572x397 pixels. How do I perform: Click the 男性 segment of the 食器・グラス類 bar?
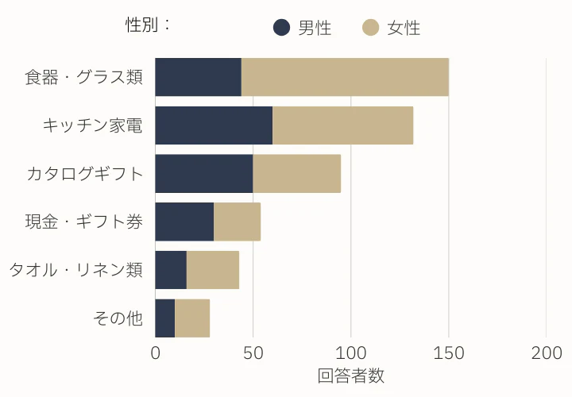coord(198,77)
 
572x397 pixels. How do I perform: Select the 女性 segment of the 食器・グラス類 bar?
coord(345,77)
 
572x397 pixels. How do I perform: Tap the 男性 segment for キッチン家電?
coord(214,125)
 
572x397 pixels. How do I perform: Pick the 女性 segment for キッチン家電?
coord(342,125)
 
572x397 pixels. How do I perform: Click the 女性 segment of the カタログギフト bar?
coord(296,174)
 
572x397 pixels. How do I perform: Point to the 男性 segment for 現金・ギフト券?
coord(184,222)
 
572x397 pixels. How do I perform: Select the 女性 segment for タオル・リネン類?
coord(213,270)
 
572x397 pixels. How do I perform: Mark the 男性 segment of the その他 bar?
coord(164,318)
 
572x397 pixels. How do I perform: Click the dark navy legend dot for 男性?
coord(281,28)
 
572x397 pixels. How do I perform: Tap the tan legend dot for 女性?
coord(370,28)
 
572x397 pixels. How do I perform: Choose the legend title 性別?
coord(149,25)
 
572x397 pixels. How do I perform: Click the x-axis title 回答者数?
coord(350,376)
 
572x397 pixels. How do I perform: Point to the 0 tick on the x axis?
coord(156,353)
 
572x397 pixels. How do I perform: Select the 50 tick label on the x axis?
coord(253,353)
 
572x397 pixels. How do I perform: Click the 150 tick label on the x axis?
coord(448,353)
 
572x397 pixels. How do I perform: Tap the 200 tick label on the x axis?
coord(546,353)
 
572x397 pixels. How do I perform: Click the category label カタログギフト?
coord(85,174)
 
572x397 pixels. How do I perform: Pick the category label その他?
coord(118,318)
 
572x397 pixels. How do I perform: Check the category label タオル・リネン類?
coord(75,270)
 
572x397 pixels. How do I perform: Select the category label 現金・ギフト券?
coord(84,222)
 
